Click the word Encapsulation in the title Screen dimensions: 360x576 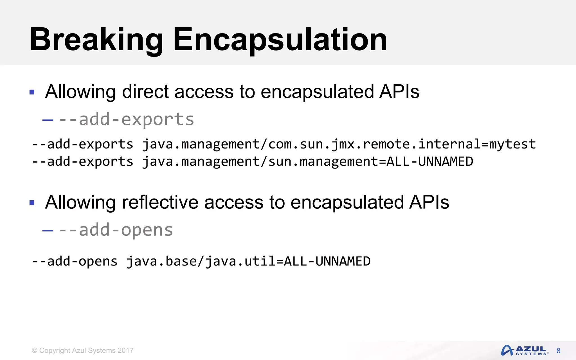[280, 40]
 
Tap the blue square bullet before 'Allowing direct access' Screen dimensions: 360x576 [32, 92]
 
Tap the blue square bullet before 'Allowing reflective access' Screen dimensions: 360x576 [32, 202]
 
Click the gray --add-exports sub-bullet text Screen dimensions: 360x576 [126, 119]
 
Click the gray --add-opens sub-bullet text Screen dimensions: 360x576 [115, 230]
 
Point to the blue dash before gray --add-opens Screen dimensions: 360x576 [48, 231]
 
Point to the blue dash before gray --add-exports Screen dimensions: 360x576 [48, 120]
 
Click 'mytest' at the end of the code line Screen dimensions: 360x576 [512, 144]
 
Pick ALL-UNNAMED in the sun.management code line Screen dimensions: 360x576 [430, 162]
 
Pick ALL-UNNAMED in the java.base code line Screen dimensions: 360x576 [327, 261]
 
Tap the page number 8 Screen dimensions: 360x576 [558, 351]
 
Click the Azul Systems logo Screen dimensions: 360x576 [525, 350]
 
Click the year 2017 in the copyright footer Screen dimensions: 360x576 [125, 350]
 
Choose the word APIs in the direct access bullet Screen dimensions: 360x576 [399, 92]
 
